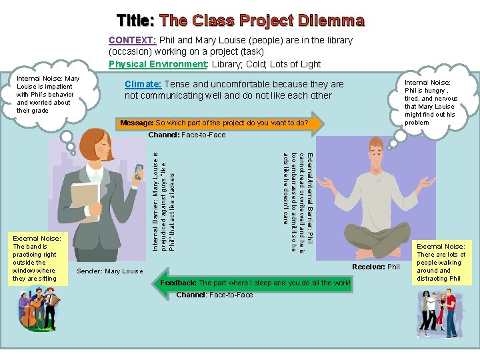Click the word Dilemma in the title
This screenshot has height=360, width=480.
[x=326, y=21]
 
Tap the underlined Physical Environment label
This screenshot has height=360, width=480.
[x=158, y=64]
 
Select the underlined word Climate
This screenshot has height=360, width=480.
[x=143, y=85]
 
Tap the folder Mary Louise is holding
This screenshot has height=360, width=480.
[x=85, y=199]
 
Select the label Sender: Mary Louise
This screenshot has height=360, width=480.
[x=110, y=271]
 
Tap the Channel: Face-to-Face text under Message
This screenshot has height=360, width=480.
[x=187, y=135]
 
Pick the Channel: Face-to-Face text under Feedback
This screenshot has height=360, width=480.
[x=215, y=295]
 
